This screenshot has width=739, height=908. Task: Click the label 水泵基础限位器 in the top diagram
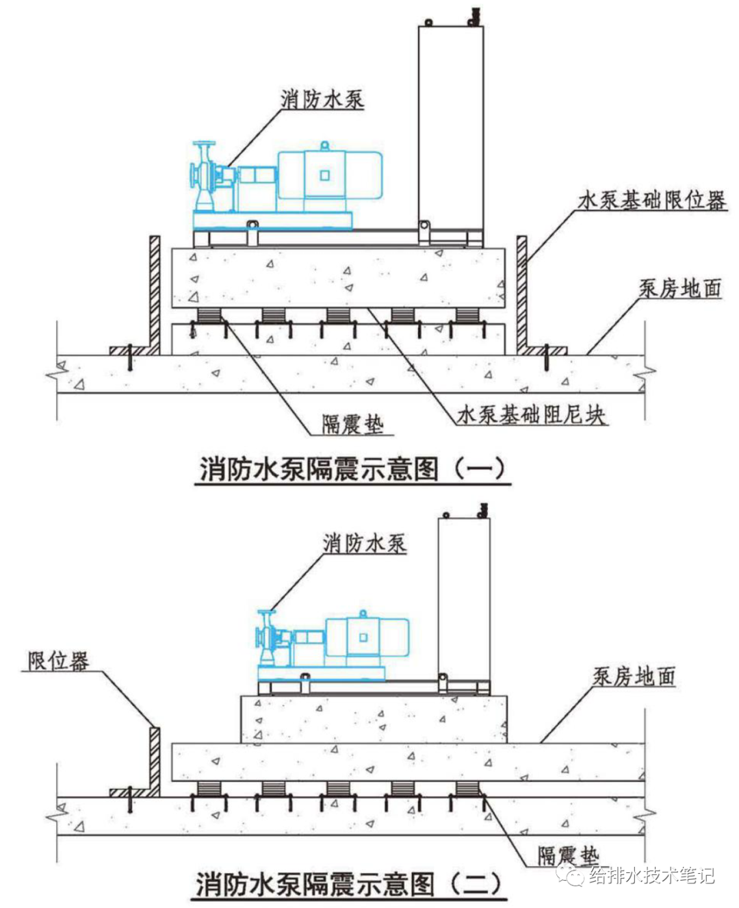coord(651,201)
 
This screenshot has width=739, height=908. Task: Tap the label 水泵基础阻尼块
coord(531,414)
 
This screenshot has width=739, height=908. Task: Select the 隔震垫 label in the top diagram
coord(352,425)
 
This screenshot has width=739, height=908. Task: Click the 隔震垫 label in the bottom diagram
coord(567,855)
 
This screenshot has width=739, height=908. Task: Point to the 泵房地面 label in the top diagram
coord(680,288)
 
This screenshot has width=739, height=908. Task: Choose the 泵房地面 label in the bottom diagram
coord(634,677)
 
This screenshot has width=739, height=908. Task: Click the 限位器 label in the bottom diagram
coord(58,661)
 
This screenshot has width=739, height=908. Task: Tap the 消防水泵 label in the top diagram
coord(322,99)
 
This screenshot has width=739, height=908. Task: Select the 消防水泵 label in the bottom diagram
coord(364,544)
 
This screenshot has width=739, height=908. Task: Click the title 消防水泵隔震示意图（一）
coord(352,469)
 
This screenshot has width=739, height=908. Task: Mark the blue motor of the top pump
coord(328,175)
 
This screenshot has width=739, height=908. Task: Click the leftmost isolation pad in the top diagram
coord(209,316)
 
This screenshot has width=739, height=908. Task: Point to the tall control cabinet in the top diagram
coord(450,127)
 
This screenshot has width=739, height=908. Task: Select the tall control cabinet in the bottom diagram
coord(464,596)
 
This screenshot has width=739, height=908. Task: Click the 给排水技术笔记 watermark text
coord(651,875)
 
